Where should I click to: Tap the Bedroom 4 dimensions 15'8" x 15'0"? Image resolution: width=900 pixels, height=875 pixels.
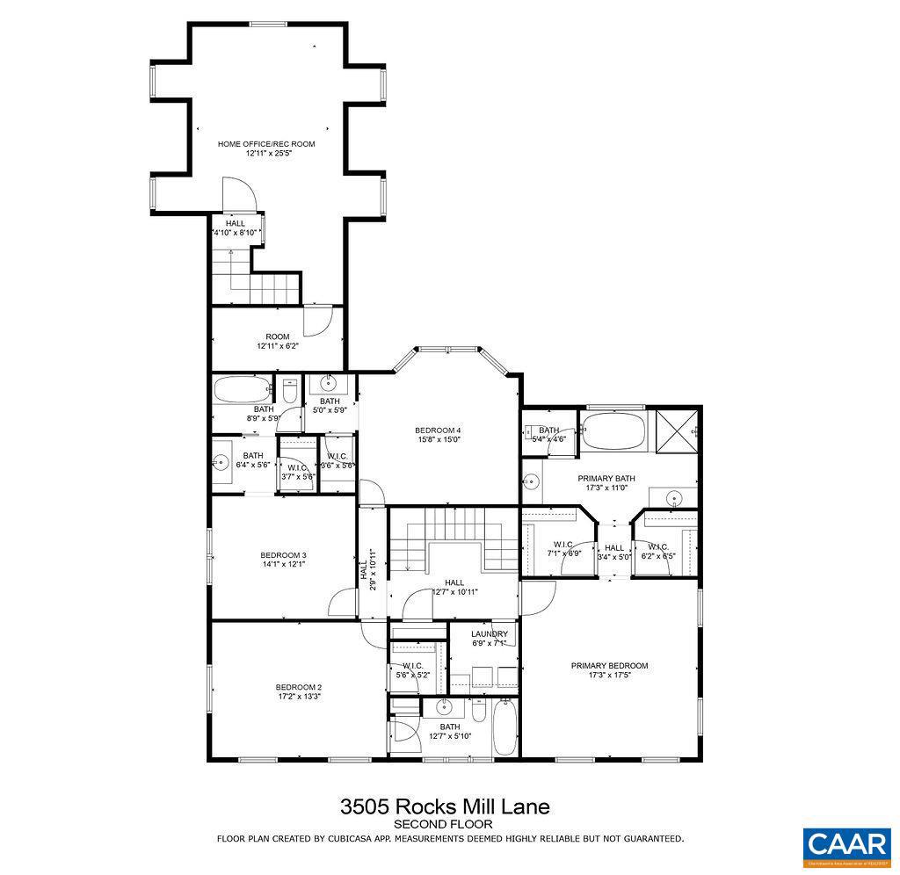pos(438,439)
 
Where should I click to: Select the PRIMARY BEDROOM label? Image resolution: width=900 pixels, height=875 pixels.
pos(609,666)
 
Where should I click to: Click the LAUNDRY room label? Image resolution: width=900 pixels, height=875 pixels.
pos(489,633)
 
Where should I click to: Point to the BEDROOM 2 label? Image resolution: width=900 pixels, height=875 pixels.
pos(299,687)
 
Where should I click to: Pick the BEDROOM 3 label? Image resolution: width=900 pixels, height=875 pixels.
pos(283,555)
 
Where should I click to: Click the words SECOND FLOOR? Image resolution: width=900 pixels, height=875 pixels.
pos(443,824)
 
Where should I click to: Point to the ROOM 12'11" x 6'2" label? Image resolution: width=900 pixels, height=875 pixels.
pos(278,336)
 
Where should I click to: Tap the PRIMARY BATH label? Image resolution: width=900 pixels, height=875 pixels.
pos(606,479)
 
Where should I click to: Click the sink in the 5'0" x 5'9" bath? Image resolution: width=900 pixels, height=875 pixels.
pos(329,383)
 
